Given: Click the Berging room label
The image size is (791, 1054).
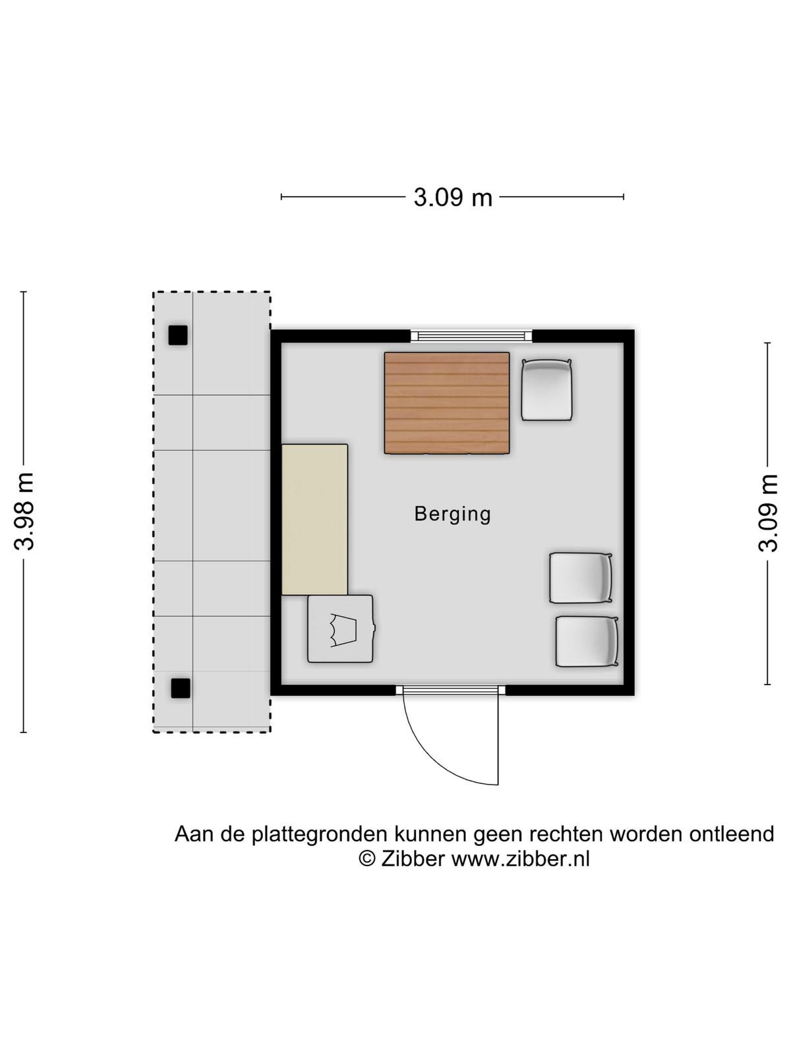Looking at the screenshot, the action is tap(452, 514).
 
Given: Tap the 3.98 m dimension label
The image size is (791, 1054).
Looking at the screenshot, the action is tap(24, 511).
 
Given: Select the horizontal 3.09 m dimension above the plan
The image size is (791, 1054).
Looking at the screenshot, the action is tap(453, 198).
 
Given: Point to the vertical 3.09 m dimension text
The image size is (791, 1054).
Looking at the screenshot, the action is tap(767, 513).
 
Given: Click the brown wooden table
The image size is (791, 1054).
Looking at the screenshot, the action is tap(447, 403).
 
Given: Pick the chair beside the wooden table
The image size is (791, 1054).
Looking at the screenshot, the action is tap(547, 390).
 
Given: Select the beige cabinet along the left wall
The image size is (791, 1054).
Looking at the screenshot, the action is tap(314, 520).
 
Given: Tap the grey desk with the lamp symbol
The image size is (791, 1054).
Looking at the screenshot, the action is tap(341, 629).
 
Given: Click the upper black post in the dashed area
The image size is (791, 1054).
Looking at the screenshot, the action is tap(178, 335).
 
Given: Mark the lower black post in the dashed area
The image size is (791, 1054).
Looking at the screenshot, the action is tap(181, 688).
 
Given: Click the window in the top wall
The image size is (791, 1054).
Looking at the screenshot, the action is tap(471, 336).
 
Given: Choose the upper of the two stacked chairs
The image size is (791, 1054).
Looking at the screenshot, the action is tap(581, 578).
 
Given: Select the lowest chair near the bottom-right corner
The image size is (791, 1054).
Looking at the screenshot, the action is tap(587, 642).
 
